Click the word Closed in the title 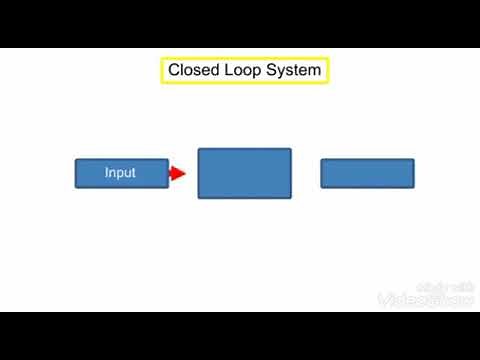[193, 71]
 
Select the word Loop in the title [244, 71]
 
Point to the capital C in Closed [174, 71]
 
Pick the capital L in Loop [230, 71]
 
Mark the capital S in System [273, 71]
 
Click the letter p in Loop [259, 72]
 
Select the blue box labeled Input [121, 173]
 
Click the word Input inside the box [121, 173]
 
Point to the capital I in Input [107, 173]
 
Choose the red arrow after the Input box [177, 174]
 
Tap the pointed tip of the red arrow [186, 174]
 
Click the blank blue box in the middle [244, 173]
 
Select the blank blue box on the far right [367, 173]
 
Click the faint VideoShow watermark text [425, 299]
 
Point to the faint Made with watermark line [443, 285]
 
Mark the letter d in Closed [212, 71]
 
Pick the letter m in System [315, 71]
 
